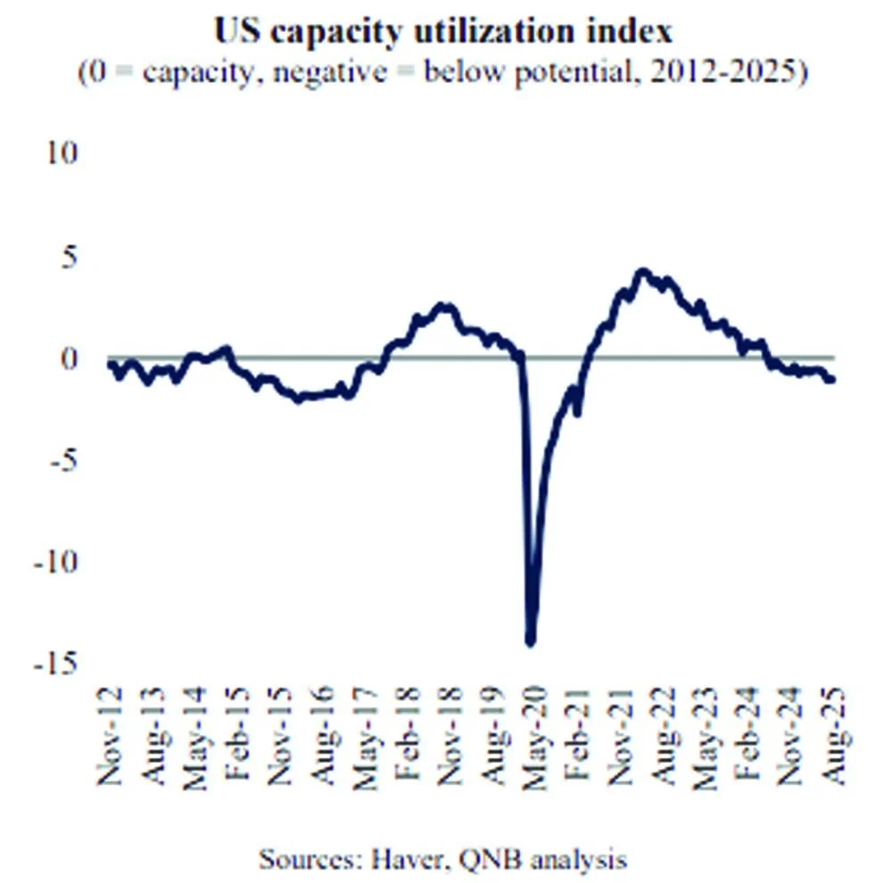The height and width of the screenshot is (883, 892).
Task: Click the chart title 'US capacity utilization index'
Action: (x=442, y=31)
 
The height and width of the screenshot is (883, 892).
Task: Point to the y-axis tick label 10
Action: (x=63, y=153)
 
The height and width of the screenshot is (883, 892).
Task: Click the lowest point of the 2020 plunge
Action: (x=530, y=640)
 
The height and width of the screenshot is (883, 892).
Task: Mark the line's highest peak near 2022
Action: (x=642, y=271)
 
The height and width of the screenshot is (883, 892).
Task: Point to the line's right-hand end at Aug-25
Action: (x=832, y=380)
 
